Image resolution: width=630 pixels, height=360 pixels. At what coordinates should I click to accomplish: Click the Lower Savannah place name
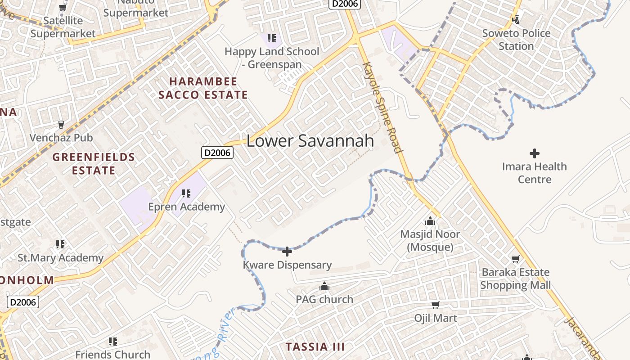click(310, 141)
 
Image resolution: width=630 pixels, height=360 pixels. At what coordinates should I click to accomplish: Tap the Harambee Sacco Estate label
click(203, 88)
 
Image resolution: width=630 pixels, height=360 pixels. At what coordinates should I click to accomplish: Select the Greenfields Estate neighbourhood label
click(94, 164)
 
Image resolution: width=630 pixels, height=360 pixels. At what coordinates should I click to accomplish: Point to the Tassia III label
click(315, 347)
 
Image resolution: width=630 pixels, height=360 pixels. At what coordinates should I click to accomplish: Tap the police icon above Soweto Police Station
click(516, 19)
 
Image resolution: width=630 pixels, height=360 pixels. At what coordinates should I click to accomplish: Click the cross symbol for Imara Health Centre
click(535, 153)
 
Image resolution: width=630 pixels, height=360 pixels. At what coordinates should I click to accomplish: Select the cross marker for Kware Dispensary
click(287, 251)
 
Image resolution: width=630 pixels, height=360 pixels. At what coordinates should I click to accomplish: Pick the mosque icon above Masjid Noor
click(430, 221)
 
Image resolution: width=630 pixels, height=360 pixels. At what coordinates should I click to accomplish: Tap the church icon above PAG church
click(324, 286)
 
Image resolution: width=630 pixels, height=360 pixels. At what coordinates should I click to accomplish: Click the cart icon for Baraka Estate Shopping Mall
click(516, 259)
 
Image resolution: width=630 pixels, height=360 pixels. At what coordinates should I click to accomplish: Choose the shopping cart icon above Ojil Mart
click(435, 305)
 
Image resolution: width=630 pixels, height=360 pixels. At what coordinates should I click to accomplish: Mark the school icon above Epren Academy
click(186, 193)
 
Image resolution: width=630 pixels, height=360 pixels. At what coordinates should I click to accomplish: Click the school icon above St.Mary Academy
click(60, 244)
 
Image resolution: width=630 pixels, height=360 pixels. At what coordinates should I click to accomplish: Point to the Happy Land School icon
click(271, 38)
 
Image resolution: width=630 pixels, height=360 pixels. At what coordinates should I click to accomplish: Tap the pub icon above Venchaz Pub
click(61, 124)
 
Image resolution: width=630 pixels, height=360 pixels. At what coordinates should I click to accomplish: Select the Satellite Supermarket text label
click(63, 27)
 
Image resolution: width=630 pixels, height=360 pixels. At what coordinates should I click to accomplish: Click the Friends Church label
click(112, 355)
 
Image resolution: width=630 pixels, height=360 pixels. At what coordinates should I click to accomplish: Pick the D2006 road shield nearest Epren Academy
click(217, 153)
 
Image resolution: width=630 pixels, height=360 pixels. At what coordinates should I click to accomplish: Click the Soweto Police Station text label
click(516, 40)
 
